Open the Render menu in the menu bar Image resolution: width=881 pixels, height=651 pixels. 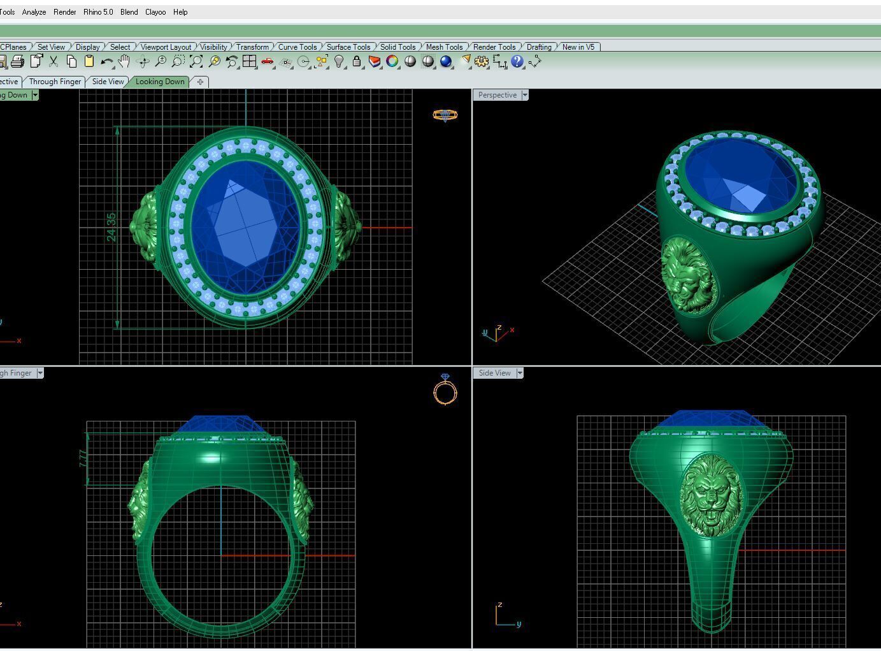pos(64,12)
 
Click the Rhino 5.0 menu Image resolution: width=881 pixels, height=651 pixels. pos(98,12)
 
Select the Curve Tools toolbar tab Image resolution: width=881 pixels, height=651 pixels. pos(297,47)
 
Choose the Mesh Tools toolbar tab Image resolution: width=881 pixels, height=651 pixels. pos(444,47)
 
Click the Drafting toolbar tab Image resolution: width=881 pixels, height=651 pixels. pos(539,47)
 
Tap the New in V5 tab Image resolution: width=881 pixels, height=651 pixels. pos(578,47)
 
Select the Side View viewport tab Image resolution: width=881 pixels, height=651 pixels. pos(108,82)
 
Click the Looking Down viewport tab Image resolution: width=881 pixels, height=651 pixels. pos(159,82)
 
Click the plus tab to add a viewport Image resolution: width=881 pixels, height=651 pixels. pos(200,82)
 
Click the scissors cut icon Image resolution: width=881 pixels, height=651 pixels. pos(54,62)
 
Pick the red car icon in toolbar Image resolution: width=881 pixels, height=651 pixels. pos(268,62)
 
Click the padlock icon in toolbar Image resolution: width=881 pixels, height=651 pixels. pos(357,62)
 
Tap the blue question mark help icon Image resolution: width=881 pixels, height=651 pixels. pos(517,62)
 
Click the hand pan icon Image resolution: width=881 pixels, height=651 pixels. pos(124,62)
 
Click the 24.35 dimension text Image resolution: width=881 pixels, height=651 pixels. pos(111,227)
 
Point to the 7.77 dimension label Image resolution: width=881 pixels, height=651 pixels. pos(83,458)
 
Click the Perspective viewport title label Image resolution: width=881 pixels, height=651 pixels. pos(497,95)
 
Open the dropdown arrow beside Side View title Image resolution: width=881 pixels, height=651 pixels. pos(519,373)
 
